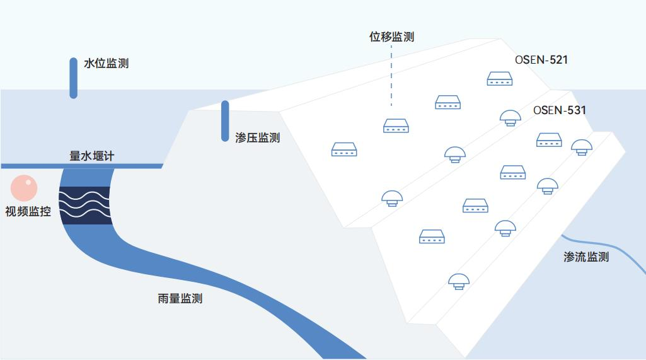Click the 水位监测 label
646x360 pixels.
[106, 64]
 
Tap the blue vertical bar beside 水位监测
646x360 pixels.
[74, 78]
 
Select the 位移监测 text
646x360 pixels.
[391, 37]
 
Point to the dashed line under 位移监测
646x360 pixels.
[391, 79]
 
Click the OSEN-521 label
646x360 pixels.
[542, 61]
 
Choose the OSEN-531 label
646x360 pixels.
[560, 110]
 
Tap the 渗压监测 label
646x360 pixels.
[257, 137]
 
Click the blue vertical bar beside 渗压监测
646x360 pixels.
[225, 120]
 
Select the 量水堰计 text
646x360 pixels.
[91, 156]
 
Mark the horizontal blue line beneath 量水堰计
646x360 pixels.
[82, 166]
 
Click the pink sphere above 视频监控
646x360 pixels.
[24, 188]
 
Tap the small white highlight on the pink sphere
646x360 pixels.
[28, 183]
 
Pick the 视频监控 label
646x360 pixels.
[28, 212]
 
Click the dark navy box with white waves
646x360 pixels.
[85, 206]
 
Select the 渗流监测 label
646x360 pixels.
[586, 257]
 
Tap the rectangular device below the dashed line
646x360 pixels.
[396, 126]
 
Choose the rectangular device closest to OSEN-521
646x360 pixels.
[499, 79]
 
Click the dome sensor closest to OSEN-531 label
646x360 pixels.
[510, 117]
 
